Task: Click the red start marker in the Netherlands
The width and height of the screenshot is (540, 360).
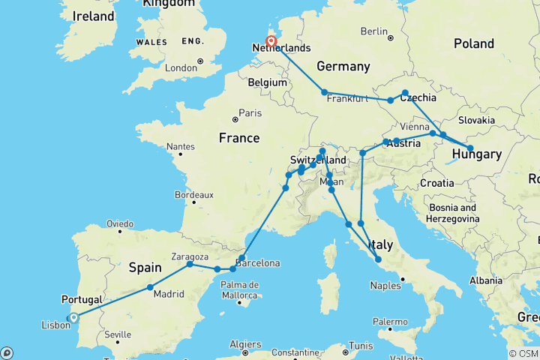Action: [271, 42]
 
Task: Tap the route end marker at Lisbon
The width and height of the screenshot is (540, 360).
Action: [73, 317]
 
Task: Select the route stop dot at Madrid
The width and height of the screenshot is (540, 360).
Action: [150, 287]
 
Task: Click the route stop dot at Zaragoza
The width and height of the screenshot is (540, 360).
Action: [190, 264]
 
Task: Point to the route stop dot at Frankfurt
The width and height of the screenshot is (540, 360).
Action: [325, 92]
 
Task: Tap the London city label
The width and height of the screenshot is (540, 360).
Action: [181, 68]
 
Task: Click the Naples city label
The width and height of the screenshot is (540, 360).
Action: [386, 286]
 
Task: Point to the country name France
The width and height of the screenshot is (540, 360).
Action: [238, 138]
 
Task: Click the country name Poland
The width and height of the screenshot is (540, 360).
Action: [473, 43]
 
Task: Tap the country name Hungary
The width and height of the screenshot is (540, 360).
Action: [477, 154]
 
